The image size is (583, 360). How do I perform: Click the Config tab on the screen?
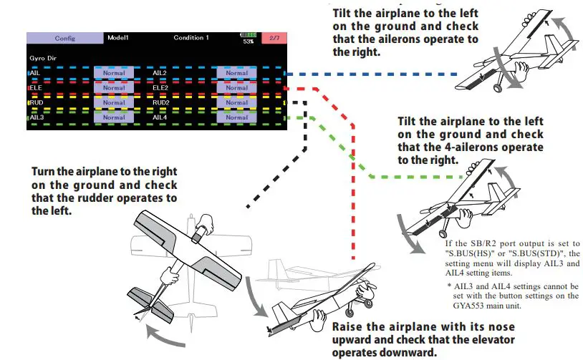[64, 37]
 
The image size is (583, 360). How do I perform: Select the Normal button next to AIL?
[114, 73]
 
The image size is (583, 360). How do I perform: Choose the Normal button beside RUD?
[114, 102]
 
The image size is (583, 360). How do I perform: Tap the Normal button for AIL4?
[236, 117]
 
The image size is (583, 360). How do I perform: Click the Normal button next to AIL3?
[114, 117]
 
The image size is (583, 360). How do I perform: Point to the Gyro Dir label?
[43, 54]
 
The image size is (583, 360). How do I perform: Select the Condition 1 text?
[191, 37]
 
